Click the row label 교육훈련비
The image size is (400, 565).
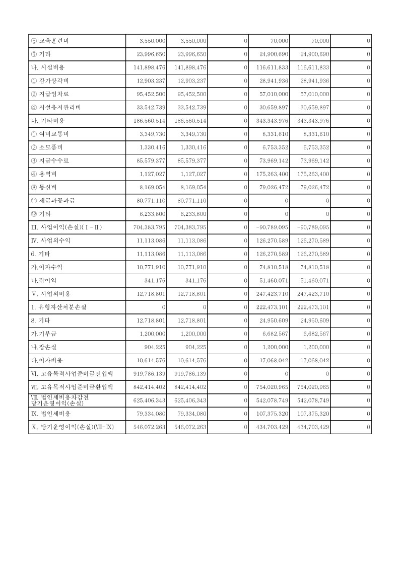tap(52, 41)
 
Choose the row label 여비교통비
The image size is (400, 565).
tap(52, 134)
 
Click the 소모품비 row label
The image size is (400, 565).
tap(50, 147)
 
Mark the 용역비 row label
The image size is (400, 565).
tap(48, 174)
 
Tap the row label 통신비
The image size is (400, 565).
tap(48, 188)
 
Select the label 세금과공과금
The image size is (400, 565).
tap(53, 201)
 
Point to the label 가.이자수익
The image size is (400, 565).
tap(47, 267)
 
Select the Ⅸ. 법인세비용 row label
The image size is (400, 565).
tap(51, 414)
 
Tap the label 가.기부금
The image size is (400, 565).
tap(45, 334)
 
